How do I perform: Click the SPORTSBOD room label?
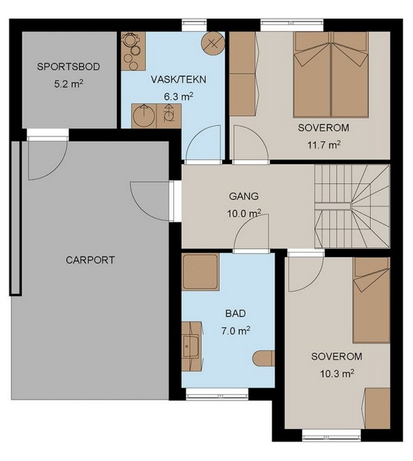click(68, 67)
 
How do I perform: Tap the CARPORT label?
click(90, 260)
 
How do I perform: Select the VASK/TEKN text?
click(178, 79)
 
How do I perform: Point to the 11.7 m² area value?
click(324, 145)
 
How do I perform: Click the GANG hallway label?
click(244, 196)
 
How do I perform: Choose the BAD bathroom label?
click(236, 314)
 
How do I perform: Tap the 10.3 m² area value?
click(337, 374)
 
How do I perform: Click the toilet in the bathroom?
click(263, 358)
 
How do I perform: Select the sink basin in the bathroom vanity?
click(191, 346)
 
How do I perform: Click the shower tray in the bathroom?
click(201, 272)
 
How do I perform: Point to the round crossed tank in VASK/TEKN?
click(213, 43)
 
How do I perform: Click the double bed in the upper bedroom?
click(331, 75)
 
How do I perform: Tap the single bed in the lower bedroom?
click(371, 300)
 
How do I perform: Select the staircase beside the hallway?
click(352, 206)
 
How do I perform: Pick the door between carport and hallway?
click(152, 201)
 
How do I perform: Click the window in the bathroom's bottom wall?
click(217, 394)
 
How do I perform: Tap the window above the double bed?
click(292, 25)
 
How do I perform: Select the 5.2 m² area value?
click(68, 84)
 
